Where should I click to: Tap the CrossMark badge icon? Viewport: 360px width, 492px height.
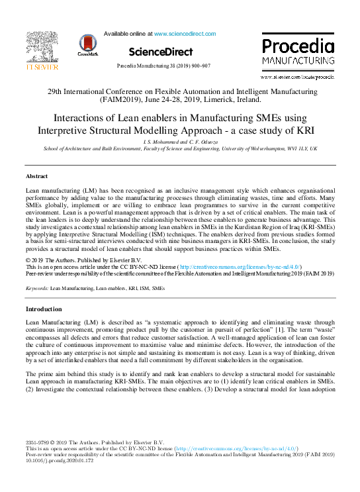coord(89,44)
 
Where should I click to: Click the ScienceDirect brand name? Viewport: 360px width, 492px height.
coord(161,52)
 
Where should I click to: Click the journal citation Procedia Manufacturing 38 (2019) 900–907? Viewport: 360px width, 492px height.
coord(163,66)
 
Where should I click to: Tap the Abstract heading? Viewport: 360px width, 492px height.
coord(36,177)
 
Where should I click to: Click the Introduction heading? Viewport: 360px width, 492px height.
coord(43,309)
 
